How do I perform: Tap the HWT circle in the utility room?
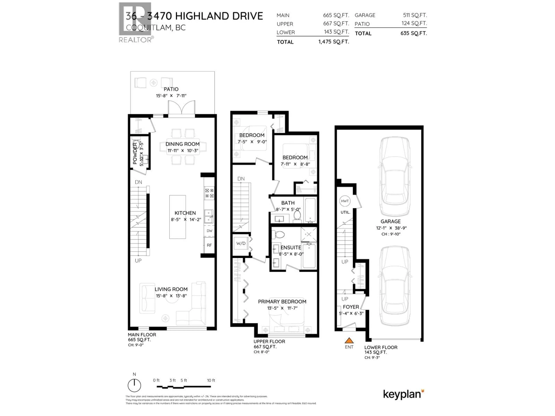click(345, 201)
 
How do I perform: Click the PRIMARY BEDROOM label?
click(282, 302)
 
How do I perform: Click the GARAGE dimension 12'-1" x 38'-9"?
click(391, 228)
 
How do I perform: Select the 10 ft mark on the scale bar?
click(211, 380)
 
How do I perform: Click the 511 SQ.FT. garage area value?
click(415, 15)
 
